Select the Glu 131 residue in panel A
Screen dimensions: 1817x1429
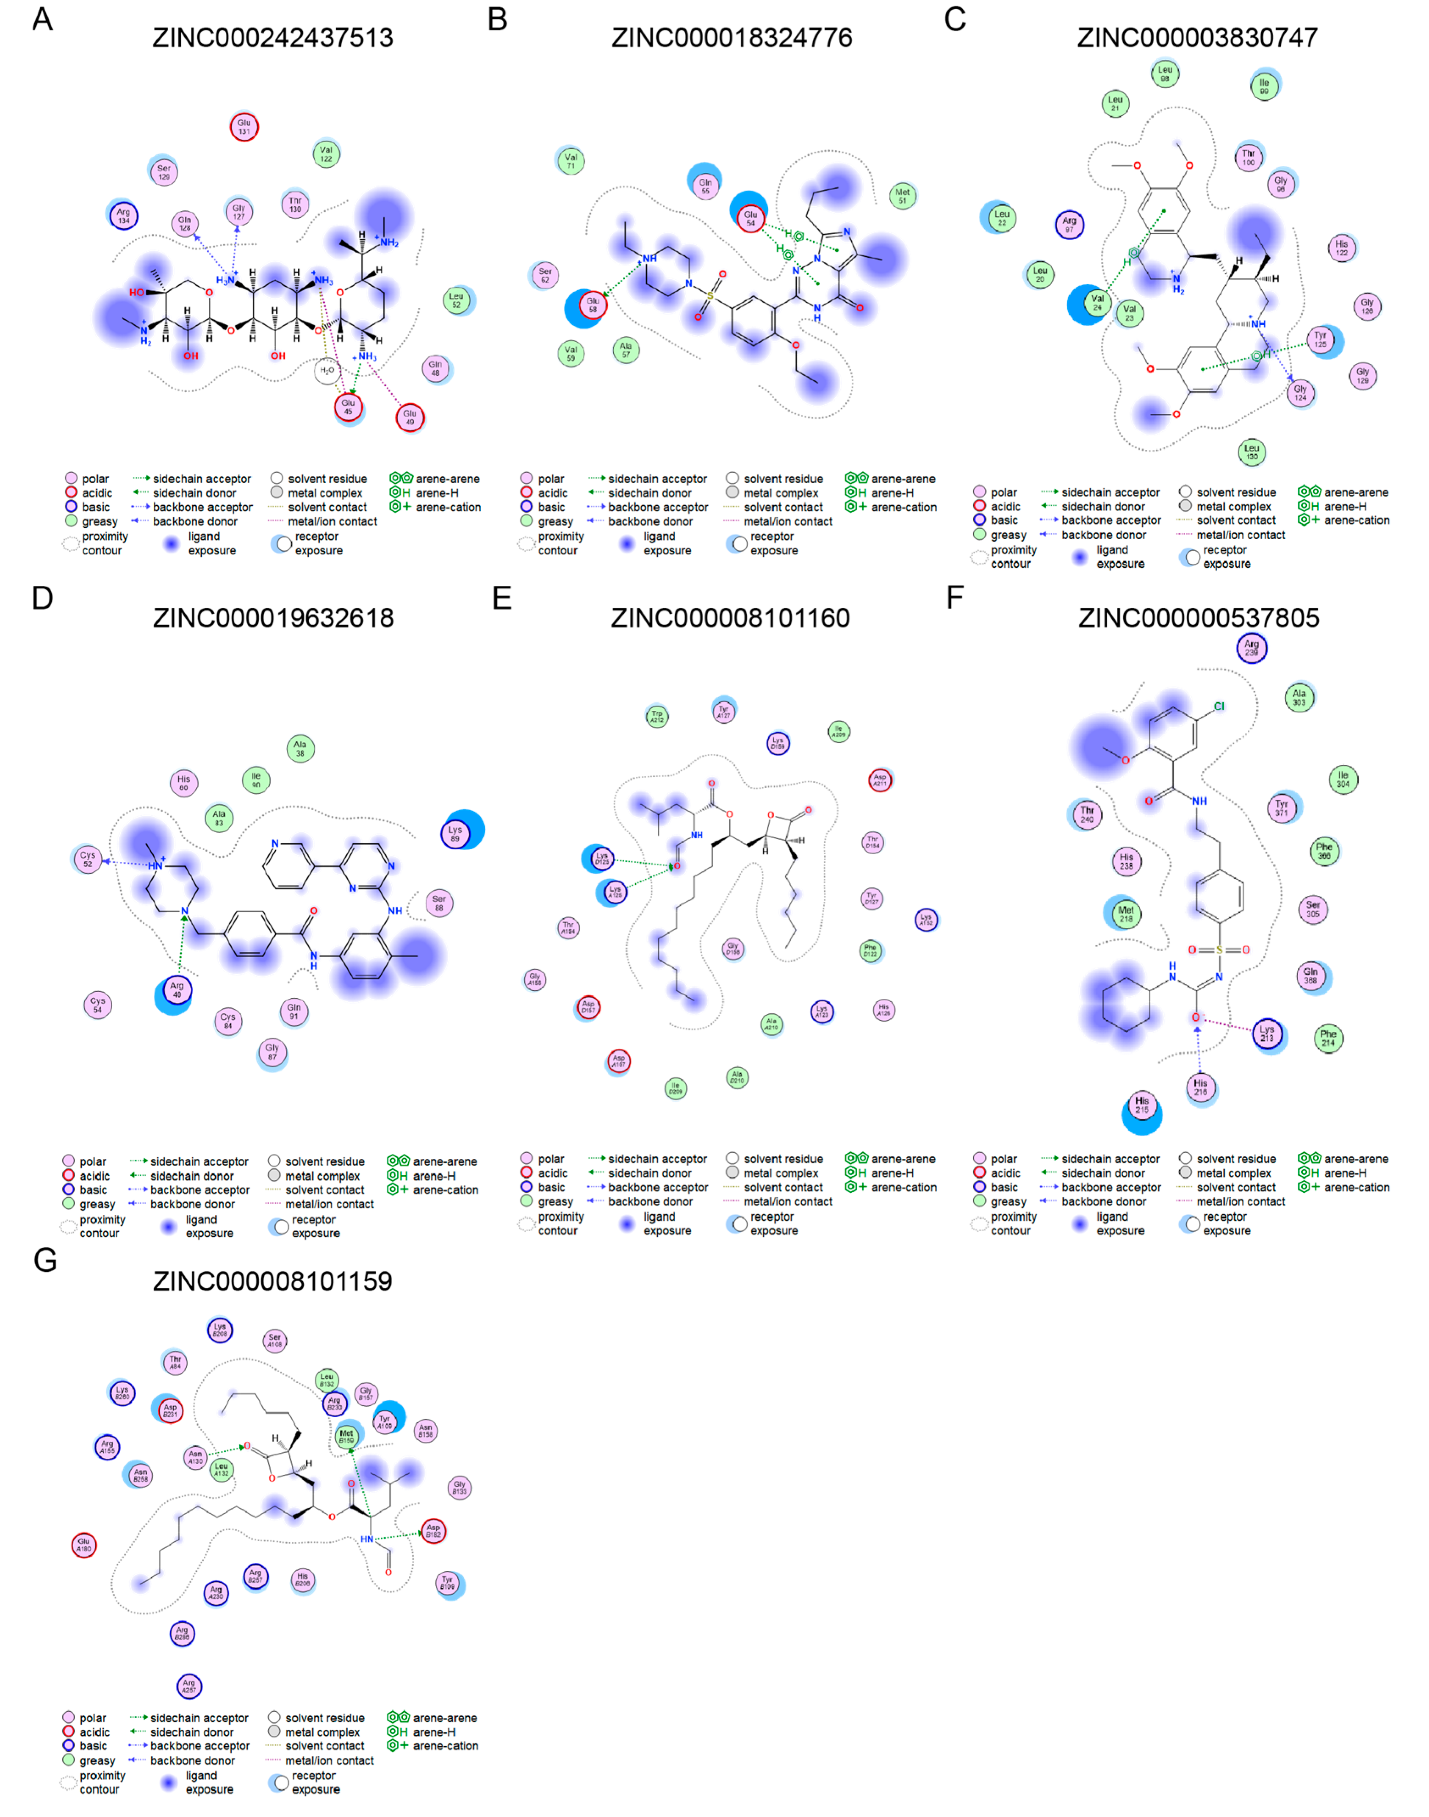244,127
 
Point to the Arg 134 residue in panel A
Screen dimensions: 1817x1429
124,216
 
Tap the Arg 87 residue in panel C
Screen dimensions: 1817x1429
1069,224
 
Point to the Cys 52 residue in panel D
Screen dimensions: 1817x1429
88,859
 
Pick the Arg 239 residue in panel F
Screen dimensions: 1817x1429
1252,648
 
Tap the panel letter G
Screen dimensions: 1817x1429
45,1260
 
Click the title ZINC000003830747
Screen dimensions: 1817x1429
1197,38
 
